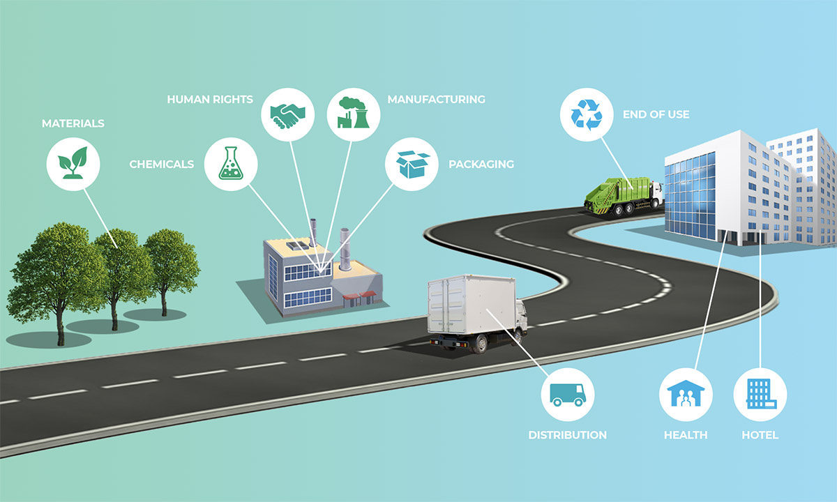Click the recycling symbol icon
click(x=587, y=114)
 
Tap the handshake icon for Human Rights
click(x=287, y=115)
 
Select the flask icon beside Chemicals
click(x=231, y=163)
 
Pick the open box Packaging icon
click(x=412, y=165)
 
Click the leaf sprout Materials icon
click(x=73, y=162)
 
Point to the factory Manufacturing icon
click(x=354, y=112)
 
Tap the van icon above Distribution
click(x=567, y=395)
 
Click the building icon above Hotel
click(x=761, y=393)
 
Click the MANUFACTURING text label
click(x=436, y=99)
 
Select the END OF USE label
click(x=656, y=114)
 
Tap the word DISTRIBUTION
click(x=567, y=435)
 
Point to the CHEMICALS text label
click(x=161, y=164)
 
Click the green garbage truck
click(x=624, y=196)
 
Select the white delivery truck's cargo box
click(x=472, y=305)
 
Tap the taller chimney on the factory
click(x=345, y=249)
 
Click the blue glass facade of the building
click(x=691, y=196)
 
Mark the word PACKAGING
click(x=481, y=164)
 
